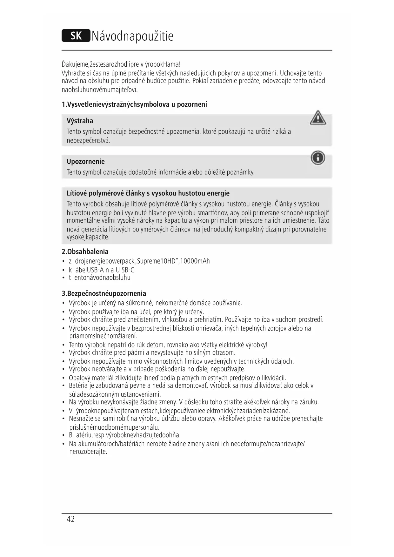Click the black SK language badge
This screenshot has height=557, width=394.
coord(76,36)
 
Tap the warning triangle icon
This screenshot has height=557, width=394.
coord(317,118)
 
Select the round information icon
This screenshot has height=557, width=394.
coord(318,158)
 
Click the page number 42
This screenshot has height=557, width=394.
coord(71,519)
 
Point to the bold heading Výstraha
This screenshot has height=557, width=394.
coord(80,121)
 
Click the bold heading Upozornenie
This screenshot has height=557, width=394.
coord(86,161)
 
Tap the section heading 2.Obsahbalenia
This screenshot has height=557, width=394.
coord(85,252)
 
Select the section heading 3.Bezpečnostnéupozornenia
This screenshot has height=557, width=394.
coord(104,293)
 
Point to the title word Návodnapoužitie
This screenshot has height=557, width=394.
coord(133,36)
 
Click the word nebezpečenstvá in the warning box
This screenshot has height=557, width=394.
coord(89,141)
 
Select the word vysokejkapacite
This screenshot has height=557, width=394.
coord(88,237)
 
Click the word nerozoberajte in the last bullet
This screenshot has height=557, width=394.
coord(88,452)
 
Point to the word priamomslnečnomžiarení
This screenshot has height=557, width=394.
coord(103,336)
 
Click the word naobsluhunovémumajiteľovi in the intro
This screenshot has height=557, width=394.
coord(100,90)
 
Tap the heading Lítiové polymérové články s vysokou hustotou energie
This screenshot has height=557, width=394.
coord(148,193)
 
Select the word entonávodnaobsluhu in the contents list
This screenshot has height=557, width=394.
coord(102,278)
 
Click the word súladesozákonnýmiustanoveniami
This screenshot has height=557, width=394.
coord(115,394)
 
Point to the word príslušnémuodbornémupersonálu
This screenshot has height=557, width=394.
coord(114,427)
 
